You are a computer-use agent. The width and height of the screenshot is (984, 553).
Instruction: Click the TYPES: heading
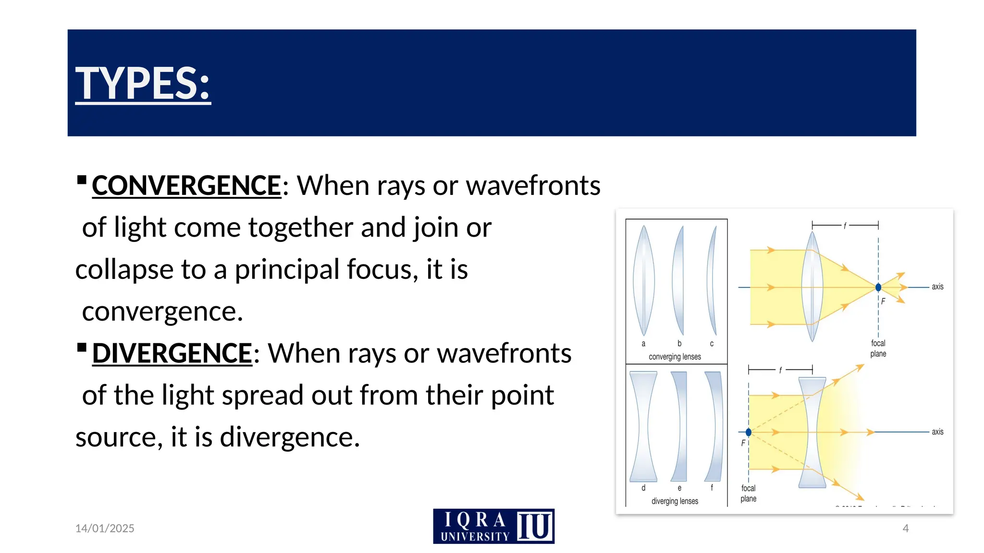(143, 83)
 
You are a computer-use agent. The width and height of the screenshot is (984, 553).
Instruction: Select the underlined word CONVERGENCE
(186, 185)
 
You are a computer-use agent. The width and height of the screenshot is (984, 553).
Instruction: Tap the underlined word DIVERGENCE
(172, 353)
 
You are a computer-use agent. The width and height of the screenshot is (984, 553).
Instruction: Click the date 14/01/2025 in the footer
(105, 528)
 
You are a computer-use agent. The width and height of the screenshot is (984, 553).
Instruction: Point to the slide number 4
(906, 528)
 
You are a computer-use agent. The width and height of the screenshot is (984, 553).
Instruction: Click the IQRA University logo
(493, 526)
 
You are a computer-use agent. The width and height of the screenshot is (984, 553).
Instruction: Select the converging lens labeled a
(643, 281)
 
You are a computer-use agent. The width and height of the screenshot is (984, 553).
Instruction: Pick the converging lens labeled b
(679, 281)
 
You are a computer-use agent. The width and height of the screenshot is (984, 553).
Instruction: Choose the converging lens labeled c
(712, 281)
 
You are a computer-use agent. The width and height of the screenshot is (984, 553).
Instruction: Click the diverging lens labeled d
(643, 426)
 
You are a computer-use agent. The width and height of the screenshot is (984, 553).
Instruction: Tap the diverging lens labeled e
(679, 426)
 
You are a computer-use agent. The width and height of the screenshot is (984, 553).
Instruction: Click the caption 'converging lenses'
(675, 357)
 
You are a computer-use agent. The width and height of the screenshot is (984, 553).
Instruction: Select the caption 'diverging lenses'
(675, 501)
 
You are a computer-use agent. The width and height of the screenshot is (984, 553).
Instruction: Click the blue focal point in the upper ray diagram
(878, 288)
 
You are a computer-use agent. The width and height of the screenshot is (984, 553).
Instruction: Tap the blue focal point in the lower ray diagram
(749, 432)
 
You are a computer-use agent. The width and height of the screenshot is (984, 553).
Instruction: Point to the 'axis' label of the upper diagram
(937, 287)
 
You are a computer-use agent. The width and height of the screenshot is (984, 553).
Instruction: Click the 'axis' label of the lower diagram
(937, 432)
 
